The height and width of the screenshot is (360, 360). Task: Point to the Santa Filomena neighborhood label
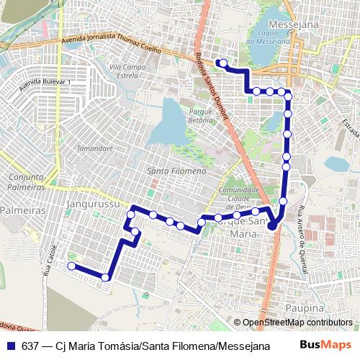coord(176,171)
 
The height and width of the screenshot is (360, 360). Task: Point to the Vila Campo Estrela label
coord(123,71)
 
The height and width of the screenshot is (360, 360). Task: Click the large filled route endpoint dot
coord(272,227)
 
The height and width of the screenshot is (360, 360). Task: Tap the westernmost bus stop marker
coord(71,266)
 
